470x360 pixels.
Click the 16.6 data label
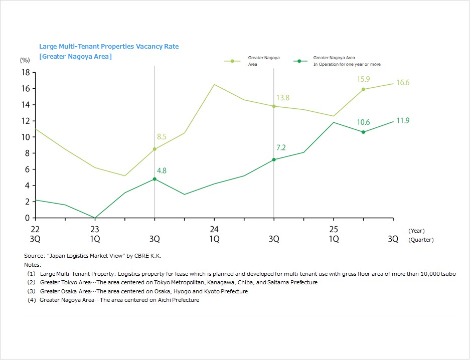[403, 83]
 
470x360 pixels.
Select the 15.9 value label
[364, 79]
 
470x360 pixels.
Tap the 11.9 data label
[403, 121]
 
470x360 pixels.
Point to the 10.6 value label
[364, 122]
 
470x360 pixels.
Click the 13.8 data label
[283, 98]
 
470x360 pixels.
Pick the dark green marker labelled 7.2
[274, 159]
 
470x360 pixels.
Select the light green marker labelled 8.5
[154, 149]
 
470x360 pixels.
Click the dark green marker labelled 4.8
[154, 179]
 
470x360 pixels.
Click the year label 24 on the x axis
[214, 229]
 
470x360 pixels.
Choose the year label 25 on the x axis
[334, 229]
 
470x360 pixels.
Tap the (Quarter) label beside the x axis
[421, 240]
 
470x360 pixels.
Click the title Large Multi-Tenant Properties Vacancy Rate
[109, 47]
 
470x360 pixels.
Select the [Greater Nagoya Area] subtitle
[75, 57]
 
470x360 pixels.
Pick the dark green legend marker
[299, 61]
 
